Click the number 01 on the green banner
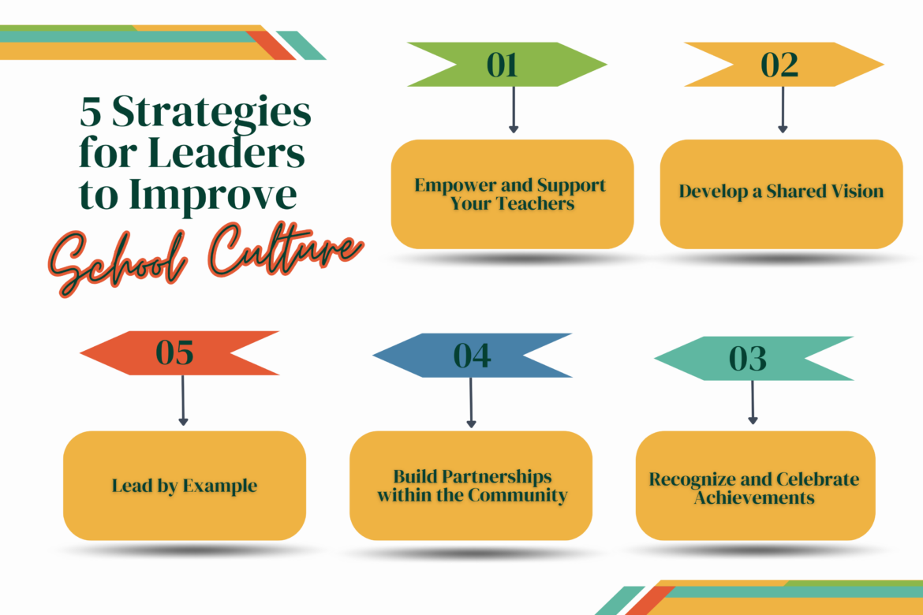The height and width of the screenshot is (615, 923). tap(503, 65)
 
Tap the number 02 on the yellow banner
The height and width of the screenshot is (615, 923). tap(779, 65)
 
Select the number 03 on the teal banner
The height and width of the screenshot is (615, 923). tap(747, 359)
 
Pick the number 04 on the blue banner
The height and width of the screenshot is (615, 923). tap(472, 356)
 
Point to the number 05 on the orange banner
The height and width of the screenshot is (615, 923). tap(174, 353)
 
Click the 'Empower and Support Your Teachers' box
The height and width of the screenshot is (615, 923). tap(512, 194)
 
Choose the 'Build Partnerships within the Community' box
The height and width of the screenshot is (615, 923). tap(471, 486)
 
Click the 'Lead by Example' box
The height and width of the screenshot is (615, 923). tap(185, 486)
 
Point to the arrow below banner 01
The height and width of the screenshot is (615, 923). tap(514, 110)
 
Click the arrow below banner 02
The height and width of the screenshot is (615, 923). tap(783, 110)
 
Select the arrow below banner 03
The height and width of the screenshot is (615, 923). tap(753, 402)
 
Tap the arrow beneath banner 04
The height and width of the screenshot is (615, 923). tap(472, 402)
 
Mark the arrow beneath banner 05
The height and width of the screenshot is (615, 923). tap(183, 401)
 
